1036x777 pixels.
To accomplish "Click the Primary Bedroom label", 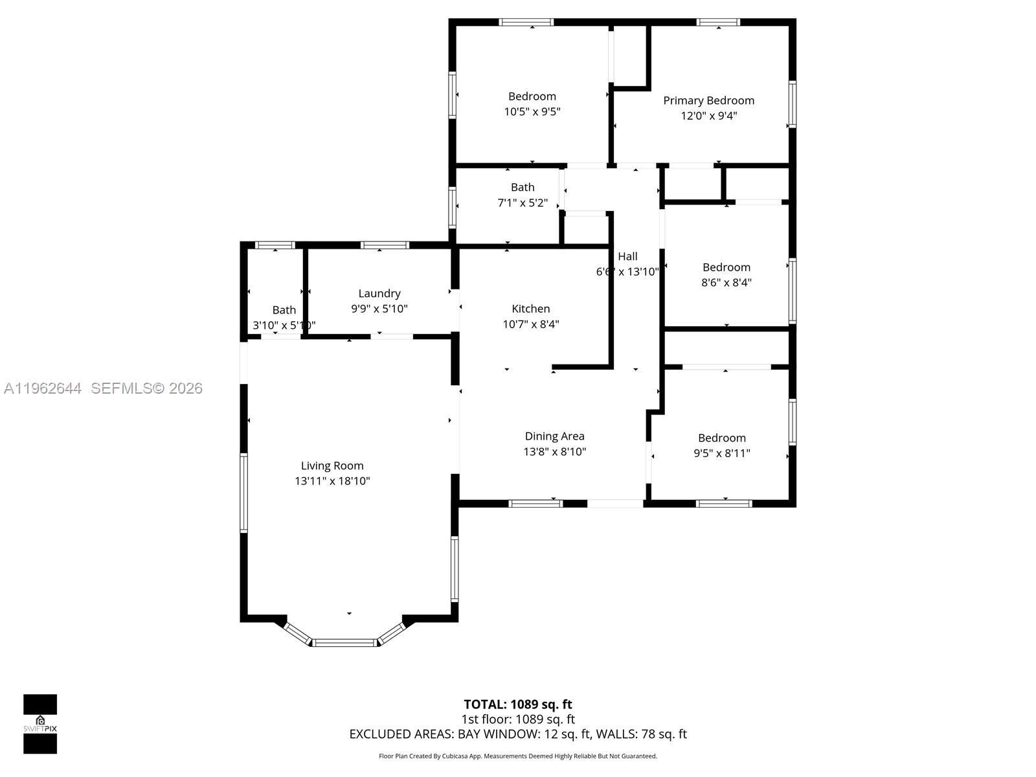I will [x=708, y=100].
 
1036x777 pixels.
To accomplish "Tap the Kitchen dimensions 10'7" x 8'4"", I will [x=531, y=324].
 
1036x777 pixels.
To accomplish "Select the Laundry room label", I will [x=379, y=293].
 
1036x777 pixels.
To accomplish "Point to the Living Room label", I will [x=332, y=466].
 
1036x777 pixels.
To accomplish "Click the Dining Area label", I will [x=554, y=436].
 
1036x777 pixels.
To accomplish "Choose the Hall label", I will [x=627, y=256].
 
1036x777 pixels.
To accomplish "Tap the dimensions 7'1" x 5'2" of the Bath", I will [x=523, y=203].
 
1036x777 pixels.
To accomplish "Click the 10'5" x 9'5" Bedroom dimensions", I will [x=532, y=111].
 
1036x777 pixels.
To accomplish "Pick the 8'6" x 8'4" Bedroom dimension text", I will [x=726, y=282].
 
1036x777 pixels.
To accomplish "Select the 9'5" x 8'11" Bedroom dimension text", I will [x=722, y=453].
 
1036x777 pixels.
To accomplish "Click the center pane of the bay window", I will [x=344, y=642].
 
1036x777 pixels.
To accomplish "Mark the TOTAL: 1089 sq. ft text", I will [x=518, y=704].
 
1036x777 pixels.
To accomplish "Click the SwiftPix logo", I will [x=40, y=724].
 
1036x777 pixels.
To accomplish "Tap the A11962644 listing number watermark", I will [x=43, y=388].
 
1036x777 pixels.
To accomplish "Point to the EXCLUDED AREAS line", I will [x=518, y=734].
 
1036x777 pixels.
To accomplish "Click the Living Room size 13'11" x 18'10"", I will [x=332, y=481].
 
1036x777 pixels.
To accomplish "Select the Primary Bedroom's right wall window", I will [x=792, y=104].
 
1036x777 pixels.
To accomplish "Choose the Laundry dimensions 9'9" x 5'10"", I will [x=379, y=309].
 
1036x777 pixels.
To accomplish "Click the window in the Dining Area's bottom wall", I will [x=535, y=503].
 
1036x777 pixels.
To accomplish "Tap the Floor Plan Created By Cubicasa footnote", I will [x=518, y=756].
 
